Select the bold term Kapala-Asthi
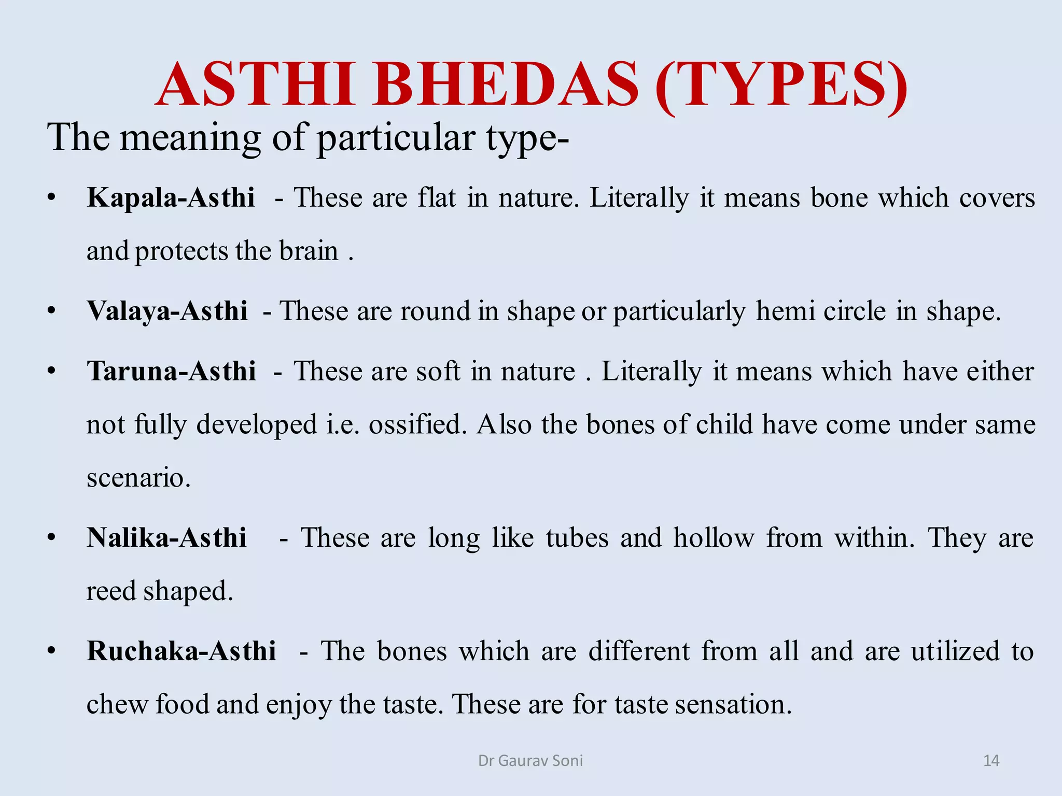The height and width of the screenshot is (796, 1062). pos(171,198)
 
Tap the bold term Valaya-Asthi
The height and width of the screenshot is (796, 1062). pos(167,311)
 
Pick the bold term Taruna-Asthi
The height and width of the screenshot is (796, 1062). pos(172,372)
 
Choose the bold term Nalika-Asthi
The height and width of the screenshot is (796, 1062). pos(166,538)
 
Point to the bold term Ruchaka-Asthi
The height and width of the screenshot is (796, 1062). pos(181,651)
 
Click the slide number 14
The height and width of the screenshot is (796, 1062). pos(991,761)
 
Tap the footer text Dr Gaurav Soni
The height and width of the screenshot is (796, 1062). pos(530,761)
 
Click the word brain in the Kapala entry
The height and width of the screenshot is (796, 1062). pos(309,251)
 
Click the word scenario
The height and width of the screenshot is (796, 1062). pos(138,478)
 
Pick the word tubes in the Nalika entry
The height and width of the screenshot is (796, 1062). pos(577,538)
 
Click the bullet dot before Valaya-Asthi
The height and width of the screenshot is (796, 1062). pos(51,311)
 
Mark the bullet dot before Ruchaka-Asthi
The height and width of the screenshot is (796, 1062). pos(51,651)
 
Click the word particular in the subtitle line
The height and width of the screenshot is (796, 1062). pos(396,138)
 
